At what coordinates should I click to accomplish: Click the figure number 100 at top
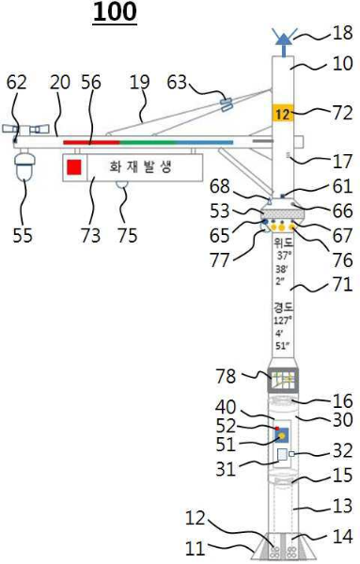pyautogui.click(x=115, y=12)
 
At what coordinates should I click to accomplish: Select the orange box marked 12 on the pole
pyautogui.click(x=284, y=113)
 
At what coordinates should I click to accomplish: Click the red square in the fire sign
pyautogui.click(x=75, y=168)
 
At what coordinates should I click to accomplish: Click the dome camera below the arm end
pyautogui.click(x=24, y=169)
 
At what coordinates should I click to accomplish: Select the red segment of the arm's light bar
pyautogui.click(x=90, y=142)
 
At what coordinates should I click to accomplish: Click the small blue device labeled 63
pyautogui.click(x=226, y=102)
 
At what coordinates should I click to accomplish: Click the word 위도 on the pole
pyautogui.click(x=283, y=241)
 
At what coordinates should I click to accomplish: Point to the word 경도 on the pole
pyautogui.click(x=283, y=307)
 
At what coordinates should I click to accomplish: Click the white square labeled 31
pyautogui.click(x=282, y=456)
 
